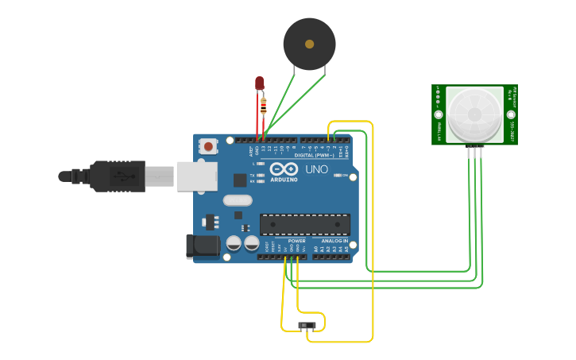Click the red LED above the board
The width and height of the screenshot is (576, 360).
pos(259,83)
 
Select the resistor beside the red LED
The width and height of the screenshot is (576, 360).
pos(264,104)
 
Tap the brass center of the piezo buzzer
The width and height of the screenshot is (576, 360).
pos(309,45)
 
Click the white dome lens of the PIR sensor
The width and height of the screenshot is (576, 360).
pos(474,114)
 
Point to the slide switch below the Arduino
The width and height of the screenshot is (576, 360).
pos(307,326)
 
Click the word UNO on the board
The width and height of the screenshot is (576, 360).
pos(316,169)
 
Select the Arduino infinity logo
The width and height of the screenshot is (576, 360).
pos(284,169)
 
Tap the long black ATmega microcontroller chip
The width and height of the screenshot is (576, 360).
pos(305,224)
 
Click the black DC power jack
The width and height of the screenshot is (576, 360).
pos(203,246)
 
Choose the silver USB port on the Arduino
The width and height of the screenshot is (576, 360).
pos(196,176)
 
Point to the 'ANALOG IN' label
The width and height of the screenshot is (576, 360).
pos(334,241)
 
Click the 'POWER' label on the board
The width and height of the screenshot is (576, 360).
pos(296,241)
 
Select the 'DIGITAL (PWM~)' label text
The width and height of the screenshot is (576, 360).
pos(315,155)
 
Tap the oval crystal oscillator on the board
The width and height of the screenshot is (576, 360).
pos(238,200)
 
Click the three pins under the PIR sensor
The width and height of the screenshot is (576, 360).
pos(475,150)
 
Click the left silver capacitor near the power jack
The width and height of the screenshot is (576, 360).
pos(234,243)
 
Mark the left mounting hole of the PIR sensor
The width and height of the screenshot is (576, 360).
pos(439,114)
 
